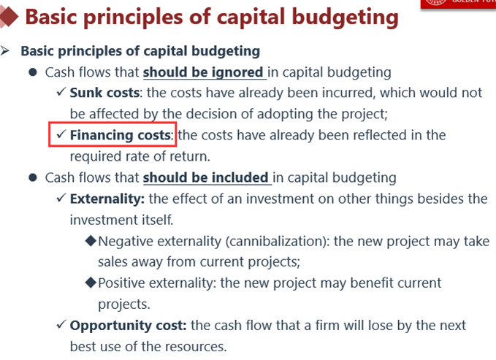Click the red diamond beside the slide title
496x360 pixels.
9,17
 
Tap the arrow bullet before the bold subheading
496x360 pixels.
4,50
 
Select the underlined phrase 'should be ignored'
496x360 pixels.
203,72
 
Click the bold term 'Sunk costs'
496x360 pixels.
104,93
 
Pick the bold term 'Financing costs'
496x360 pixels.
121,135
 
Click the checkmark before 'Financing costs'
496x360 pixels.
61,134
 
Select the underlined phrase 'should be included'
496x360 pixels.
205,177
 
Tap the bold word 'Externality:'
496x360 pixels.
107,199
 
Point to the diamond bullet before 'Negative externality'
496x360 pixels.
91,241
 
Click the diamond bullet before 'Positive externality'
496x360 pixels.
91,283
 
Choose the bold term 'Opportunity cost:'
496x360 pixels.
128,326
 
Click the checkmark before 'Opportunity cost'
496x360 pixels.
61,324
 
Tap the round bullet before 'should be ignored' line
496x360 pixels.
33,72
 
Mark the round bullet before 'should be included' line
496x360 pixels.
33,177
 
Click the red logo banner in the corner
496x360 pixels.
458,4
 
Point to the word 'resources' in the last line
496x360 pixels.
196,347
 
